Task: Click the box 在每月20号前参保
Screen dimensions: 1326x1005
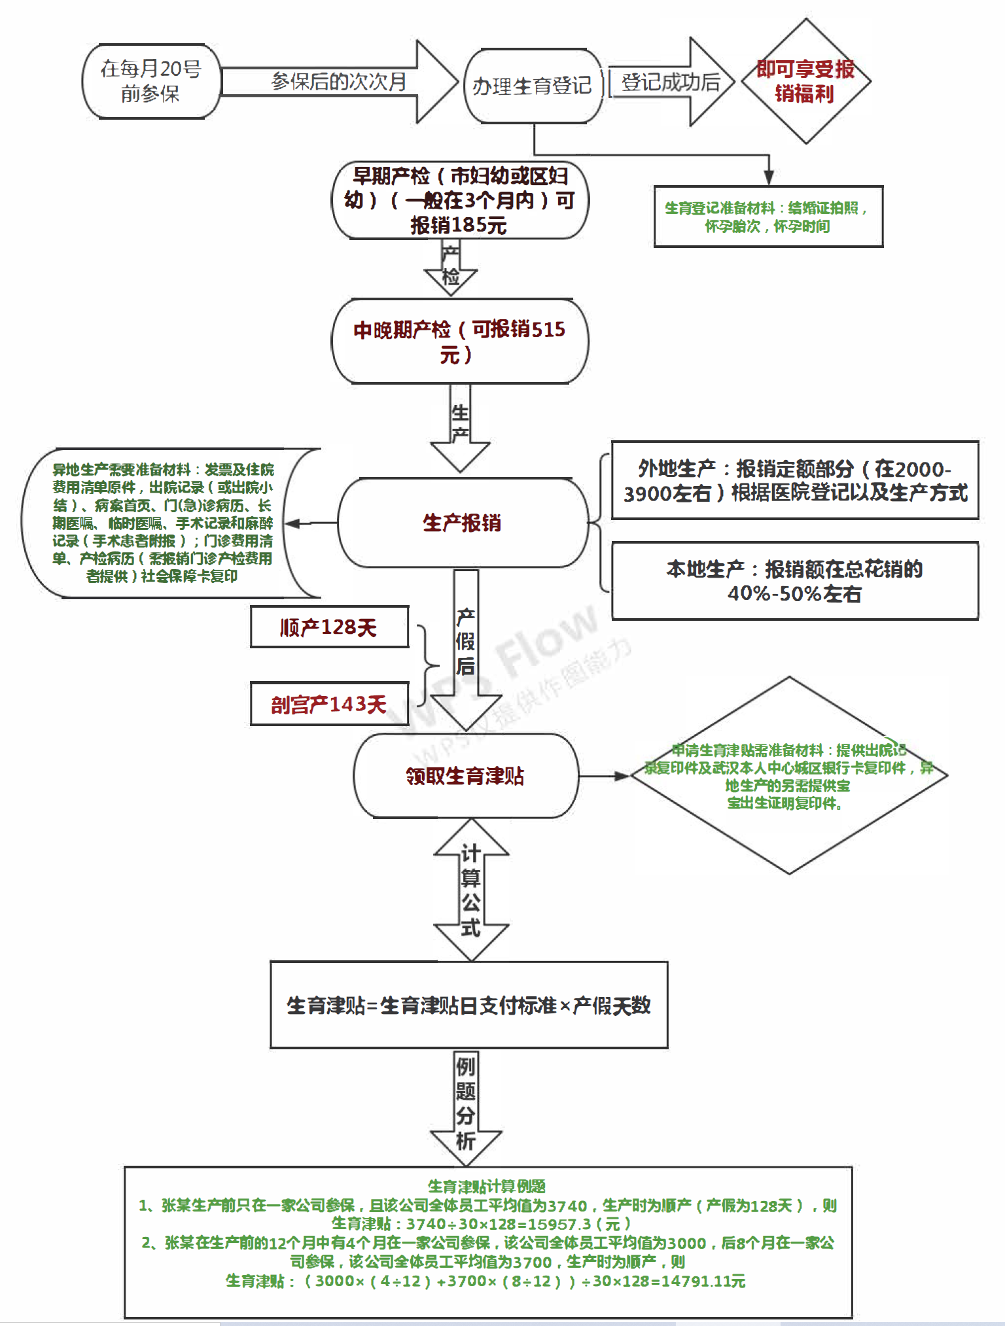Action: [150, 81]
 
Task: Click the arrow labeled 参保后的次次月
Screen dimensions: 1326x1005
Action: [339, 82]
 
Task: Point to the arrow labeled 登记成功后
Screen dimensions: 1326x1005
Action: [670, 82]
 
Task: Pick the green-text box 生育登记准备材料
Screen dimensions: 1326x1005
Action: [767, 217]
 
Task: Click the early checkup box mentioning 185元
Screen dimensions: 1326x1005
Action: [459, 200]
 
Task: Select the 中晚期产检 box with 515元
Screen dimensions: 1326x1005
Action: [459, 341]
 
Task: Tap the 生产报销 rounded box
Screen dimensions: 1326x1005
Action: [462, 523]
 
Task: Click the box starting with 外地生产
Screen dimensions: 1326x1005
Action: [794, 480]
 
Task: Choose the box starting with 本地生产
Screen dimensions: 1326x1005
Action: [794, 581]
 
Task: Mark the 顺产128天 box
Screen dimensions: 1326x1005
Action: [329, 627]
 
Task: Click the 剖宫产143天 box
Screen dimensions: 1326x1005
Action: [329, 704]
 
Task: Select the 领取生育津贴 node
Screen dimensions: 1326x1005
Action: [465, 776]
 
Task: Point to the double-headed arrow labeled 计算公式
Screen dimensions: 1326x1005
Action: [471, 890]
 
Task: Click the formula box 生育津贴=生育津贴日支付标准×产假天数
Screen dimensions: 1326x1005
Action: [468, 1005]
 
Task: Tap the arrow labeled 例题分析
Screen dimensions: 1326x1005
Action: [465, 1106]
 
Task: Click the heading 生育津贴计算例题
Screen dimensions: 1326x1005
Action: [487, 1186]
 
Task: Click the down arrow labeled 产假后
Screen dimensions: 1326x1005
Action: [466, 648]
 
